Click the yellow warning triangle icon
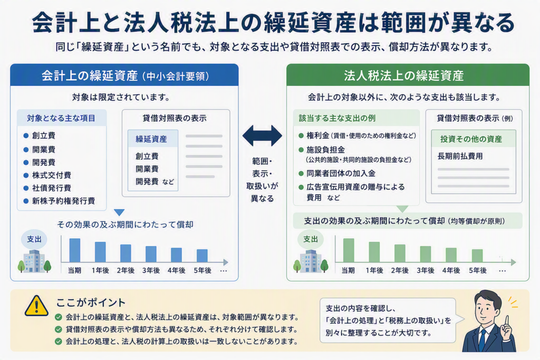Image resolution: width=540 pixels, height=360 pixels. click(x=36, y=306)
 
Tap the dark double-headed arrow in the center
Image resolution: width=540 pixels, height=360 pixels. click(x=262, y=135)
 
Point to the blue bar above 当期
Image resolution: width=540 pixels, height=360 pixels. click(x=75, y=250)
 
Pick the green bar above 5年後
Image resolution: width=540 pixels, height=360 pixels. click(x=477, y=256)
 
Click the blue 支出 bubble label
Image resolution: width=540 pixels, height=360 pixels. click(x=34, y=239)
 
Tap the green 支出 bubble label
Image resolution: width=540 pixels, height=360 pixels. click(x=311, y=239)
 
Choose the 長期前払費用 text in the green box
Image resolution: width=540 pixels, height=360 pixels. click(x=460, y=156)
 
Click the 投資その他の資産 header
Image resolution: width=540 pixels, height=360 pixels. click(x=471, y=139)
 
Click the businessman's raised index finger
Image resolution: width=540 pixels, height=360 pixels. click(x=507, y=321)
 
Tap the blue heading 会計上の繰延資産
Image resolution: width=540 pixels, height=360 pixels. click(x=90, y=76)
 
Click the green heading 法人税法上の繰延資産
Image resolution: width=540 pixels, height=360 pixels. click(x=403, y=76)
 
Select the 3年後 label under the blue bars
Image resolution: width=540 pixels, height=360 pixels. click(x=151, y=270)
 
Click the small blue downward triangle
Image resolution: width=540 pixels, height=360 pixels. click(x=119, y=212)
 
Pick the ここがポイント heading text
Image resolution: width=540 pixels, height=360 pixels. click(x=91, y=303)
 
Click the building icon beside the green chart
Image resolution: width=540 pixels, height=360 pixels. click(x=311, y=261)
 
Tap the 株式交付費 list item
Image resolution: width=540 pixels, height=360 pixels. click(x=52, y=175)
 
